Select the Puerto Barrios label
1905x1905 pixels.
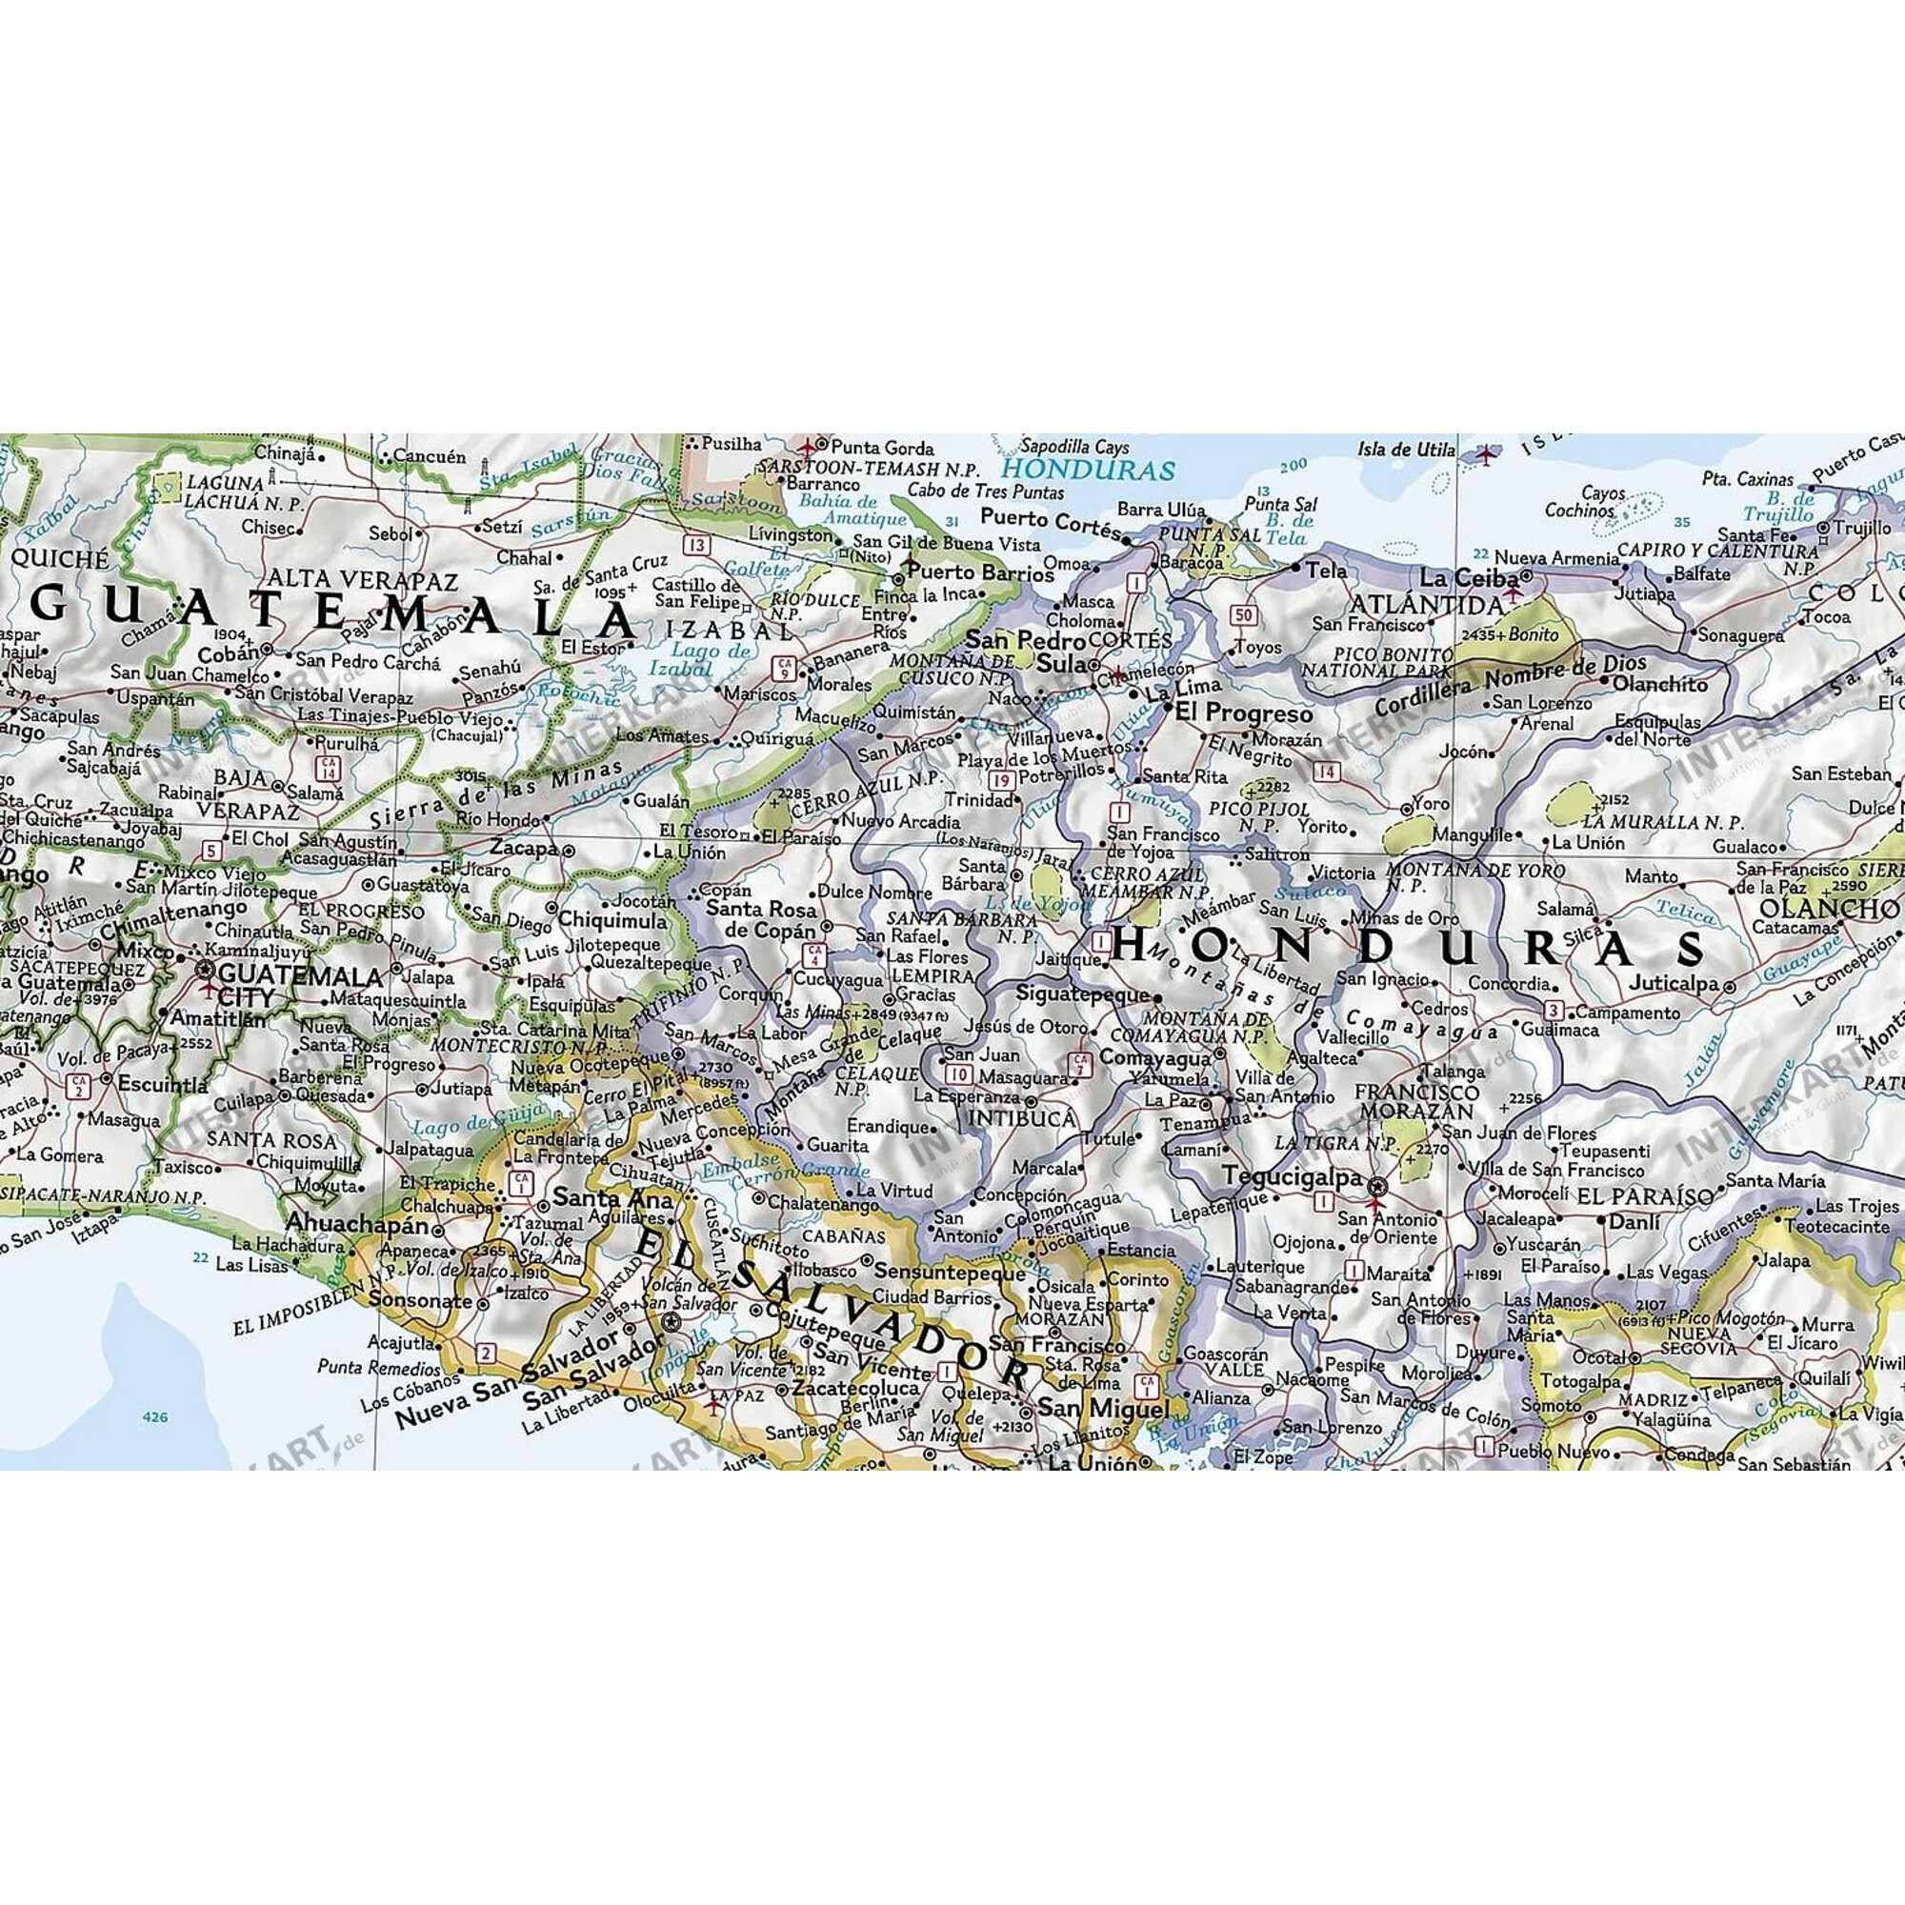(980, 572)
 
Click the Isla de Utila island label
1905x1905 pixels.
(1406, 450)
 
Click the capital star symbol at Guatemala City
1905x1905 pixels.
(206, 971)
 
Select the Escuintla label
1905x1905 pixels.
(163, 1084)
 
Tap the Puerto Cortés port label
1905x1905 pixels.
(1050, 519)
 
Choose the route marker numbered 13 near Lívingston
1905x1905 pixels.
(697, 545)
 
